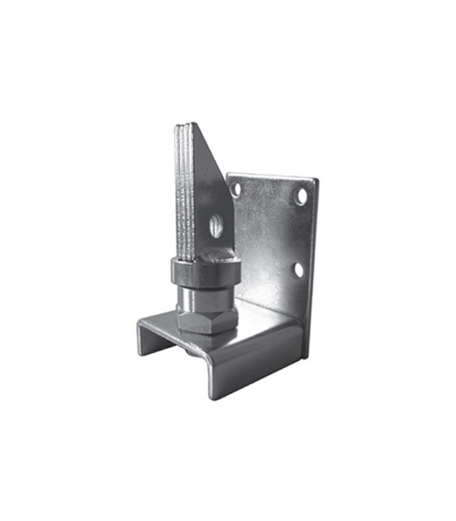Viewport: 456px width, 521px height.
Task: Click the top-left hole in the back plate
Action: [236, 189]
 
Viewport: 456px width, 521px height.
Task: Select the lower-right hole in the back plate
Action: [298, 269]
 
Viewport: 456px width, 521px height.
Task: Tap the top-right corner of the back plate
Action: [316, 179]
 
